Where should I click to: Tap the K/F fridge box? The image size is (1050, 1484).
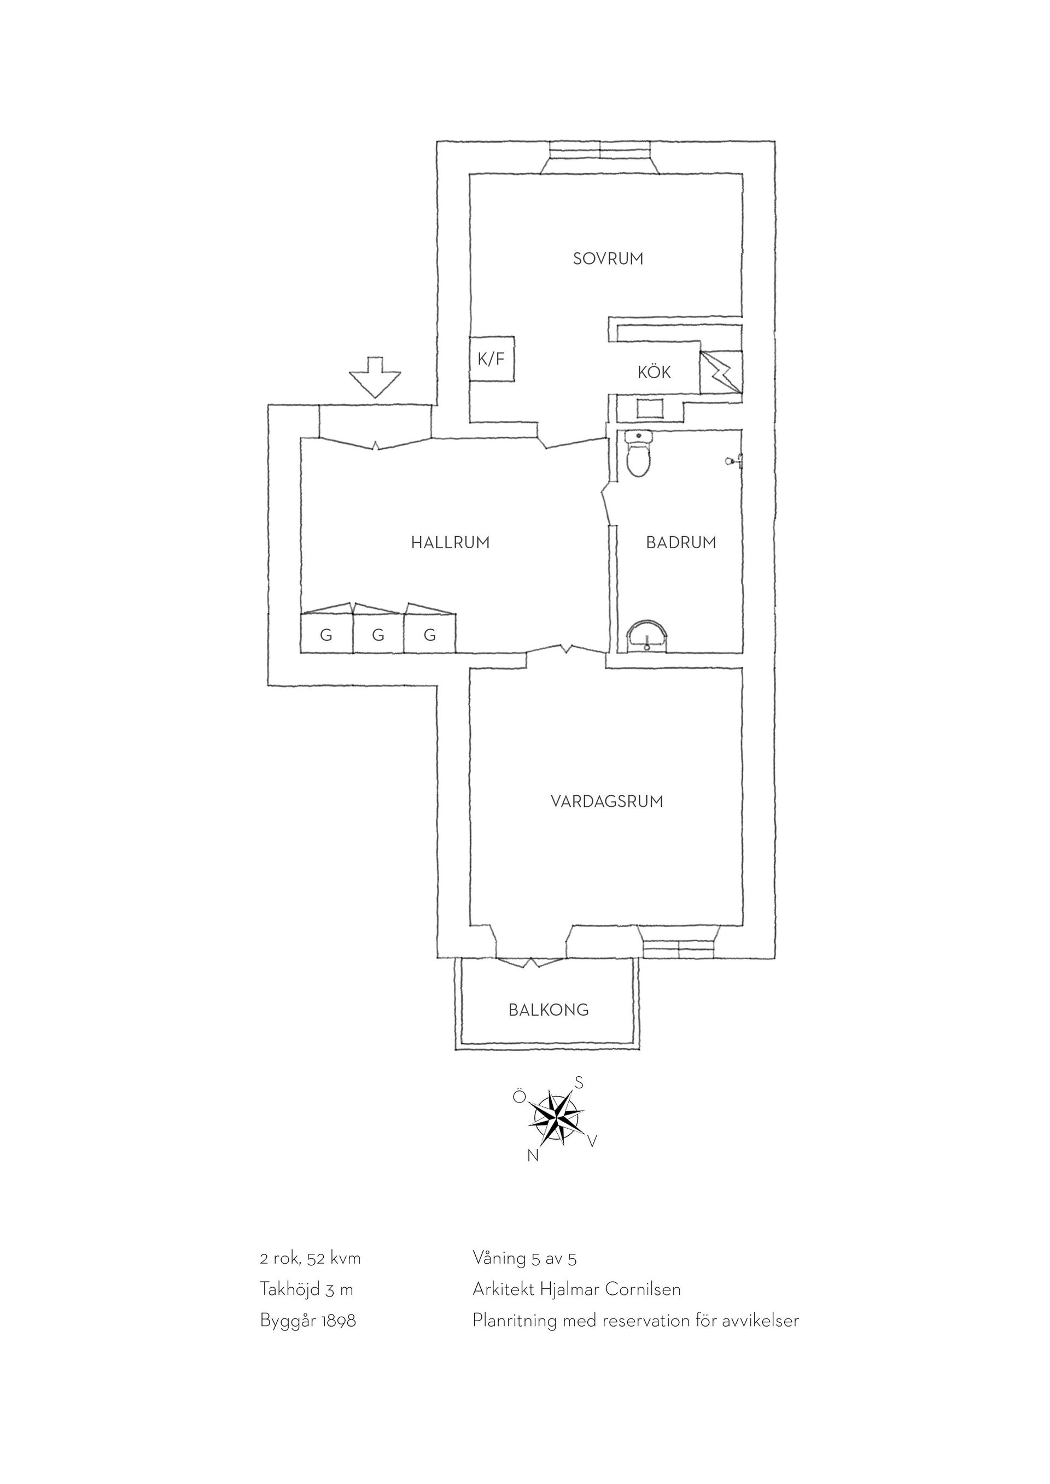pos(492,359)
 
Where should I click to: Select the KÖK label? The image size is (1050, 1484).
pos(654,372)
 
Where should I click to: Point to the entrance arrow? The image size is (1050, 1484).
pos(375,377)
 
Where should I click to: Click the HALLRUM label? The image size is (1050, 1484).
pos(450,542)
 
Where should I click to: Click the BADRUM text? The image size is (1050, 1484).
pos(681,542)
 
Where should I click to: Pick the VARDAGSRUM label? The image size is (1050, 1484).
pos(606,801)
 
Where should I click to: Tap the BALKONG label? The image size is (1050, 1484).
pos(549,1010)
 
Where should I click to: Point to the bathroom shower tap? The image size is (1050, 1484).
pos(734,461)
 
